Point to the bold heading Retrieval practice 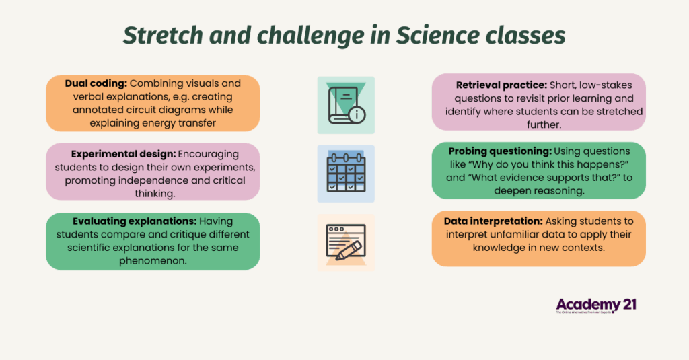[501, 85]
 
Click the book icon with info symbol [346, 104]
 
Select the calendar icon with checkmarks [346, 174]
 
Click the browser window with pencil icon [346, 243]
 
